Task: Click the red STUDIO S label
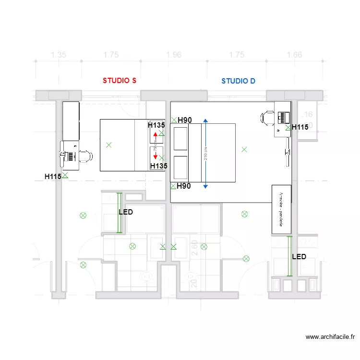(x=120, y=81)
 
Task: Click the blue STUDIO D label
(x=238, y=81)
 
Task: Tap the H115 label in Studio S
(x=53, y=177)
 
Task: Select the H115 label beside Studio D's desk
(x=300, y=127)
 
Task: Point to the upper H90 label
(x=185, y=120)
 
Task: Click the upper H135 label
(x=156, y=125)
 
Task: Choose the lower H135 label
(x=158, y=166)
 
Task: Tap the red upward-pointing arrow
(x=155, y=137)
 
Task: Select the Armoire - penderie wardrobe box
(x=281, y=209)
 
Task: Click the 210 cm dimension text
(x=205, y=153)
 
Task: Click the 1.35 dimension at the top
(x=59, y=55)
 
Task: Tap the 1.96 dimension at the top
(x=174, y=55)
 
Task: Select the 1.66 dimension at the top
(x=294, y=55)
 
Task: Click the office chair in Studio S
(x=85, y=156)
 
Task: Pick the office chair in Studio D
(x=267, y=117)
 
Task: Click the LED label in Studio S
(x=126, y=212)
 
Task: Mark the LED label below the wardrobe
(x=299, y=257)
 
